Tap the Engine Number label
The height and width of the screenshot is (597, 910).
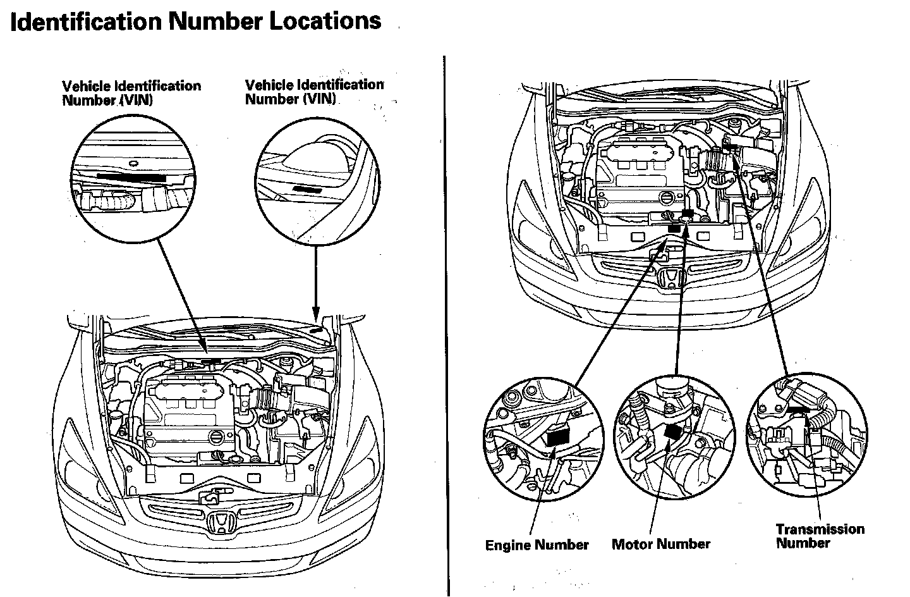point(537,545)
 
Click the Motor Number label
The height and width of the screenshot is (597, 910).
point(660,544)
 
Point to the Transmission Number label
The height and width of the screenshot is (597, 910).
point(820,536)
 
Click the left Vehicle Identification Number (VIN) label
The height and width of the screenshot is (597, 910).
point(131,93)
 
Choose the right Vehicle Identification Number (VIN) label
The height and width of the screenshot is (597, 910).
point(314,92)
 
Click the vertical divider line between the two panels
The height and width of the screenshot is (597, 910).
point(446,316)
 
